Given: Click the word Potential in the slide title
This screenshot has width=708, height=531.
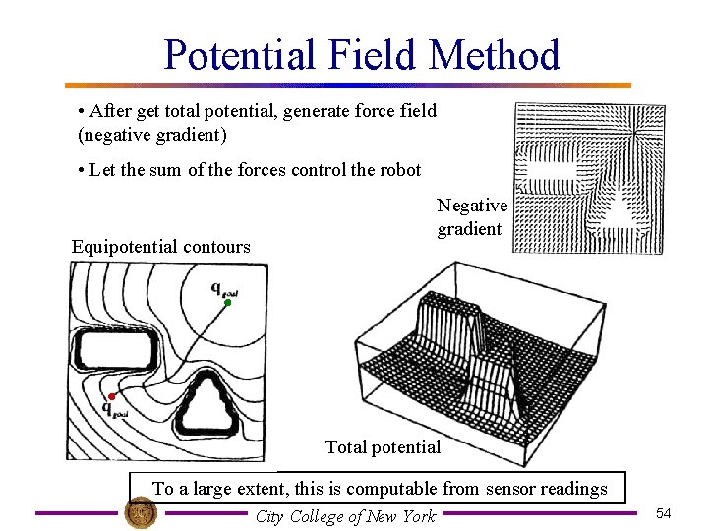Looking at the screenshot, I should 239,55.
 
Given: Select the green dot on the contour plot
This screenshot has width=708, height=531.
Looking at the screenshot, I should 227,303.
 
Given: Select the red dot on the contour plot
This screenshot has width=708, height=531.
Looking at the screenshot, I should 112,396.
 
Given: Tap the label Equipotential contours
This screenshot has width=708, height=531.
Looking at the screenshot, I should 160,247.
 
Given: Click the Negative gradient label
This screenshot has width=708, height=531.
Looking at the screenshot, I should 471,217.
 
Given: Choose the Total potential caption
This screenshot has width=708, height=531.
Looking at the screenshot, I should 383,447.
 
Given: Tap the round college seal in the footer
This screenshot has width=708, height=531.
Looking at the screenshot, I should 142,513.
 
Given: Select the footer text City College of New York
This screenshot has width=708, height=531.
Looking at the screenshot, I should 345,516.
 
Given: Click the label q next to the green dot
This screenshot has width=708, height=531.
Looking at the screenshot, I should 218,287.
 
